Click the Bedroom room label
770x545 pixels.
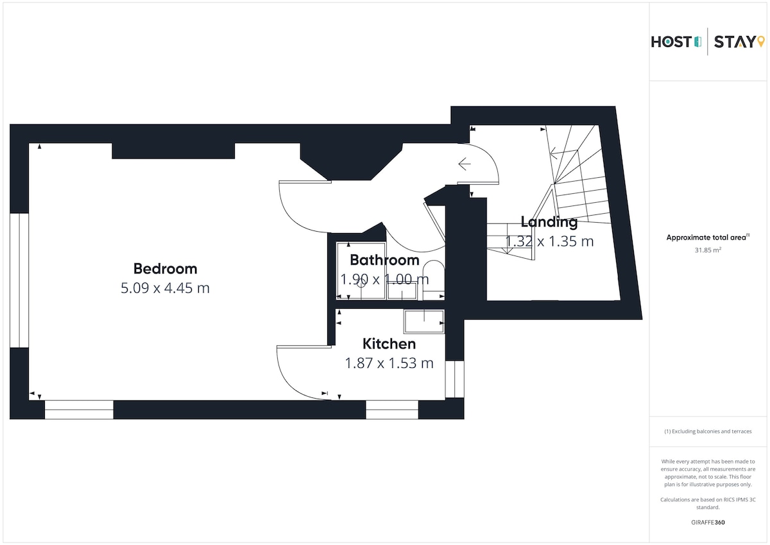[x=166, y=268]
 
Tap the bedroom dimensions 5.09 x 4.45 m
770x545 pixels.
[x=165, y=288]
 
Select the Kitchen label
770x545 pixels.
[x=389, y=343]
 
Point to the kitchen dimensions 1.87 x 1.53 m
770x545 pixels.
[x=389, y=363]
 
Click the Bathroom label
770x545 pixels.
[x=384, y=260]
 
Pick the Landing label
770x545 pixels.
[x=549, y=221]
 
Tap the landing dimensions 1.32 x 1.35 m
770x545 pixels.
[x=549, y=241]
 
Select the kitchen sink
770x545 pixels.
[x=424, y=322]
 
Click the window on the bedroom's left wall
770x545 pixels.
[x=19, y=281]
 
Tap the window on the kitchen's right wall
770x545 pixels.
[x=454, y=379]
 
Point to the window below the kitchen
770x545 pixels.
[x=392, y=410]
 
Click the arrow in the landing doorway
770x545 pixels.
[x=465, y=164]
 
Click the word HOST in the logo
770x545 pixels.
[x=671, y=42]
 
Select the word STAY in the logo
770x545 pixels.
[x=734, y=42]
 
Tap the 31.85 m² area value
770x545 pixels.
[x=708, y=250]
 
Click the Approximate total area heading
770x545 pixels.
[x=708, y=238]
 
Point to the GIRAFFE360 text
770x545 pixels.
[x=708, y=523]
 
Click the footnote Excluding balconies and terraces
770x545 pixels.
[x=708, y=431]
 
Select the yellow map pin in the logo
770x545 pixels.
[x=761, y=41]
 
